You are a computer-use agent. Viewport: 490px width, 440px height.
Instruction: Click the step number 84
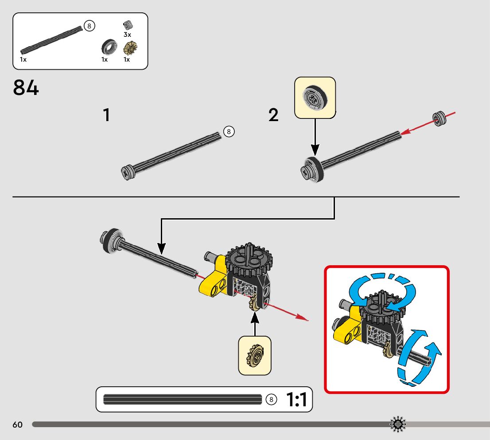[26, 87]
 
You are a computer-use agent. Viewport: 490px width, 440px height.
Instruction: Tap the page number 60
[18, 424]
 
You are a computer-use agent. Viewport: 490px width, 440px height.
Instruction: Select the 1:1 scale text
[296, 399]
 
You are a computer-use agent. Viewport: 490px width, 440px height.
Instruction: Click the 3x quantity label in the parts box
[127, 35]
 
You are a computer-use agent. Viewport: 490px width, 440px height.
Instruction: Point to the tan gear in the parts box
[130, 48]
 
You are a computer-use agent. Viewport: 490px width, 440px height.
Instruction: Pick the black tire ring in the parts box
[109, 47]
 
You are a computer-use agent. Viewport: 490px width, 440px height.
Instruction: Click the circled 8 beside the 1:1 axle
[271, 399]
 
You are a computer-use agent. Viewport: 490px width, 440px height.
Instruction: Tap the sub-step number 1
[107, 115]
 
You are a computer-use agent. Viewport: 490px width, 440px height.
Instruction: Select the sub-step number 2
[273, 115]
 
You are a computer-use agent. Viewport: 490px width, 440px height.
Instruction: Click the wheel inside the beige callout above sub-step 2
[315, 97]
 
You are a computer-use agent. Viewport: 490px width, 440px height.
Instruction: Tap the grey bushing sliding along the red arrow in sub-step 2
[439, 118]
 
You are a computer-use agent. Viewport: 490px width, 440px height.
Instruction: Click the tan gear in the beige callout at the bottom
[255, 356]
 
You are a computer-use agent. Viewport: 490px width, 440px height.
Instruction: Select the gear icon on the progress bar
[398, 424]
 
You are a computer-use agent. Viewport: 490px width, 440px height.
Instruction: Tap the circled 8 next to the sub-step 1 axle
[229, 131]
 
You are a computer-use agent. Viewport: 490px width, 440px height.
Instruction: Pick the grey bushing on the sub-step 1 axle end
[128, 173]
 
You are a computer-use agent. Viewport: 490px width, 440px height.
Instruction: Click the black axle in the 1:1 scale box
[183, 399]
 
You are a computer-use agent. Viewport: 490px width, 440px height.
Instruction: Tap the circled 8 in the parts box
[89, 26]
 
